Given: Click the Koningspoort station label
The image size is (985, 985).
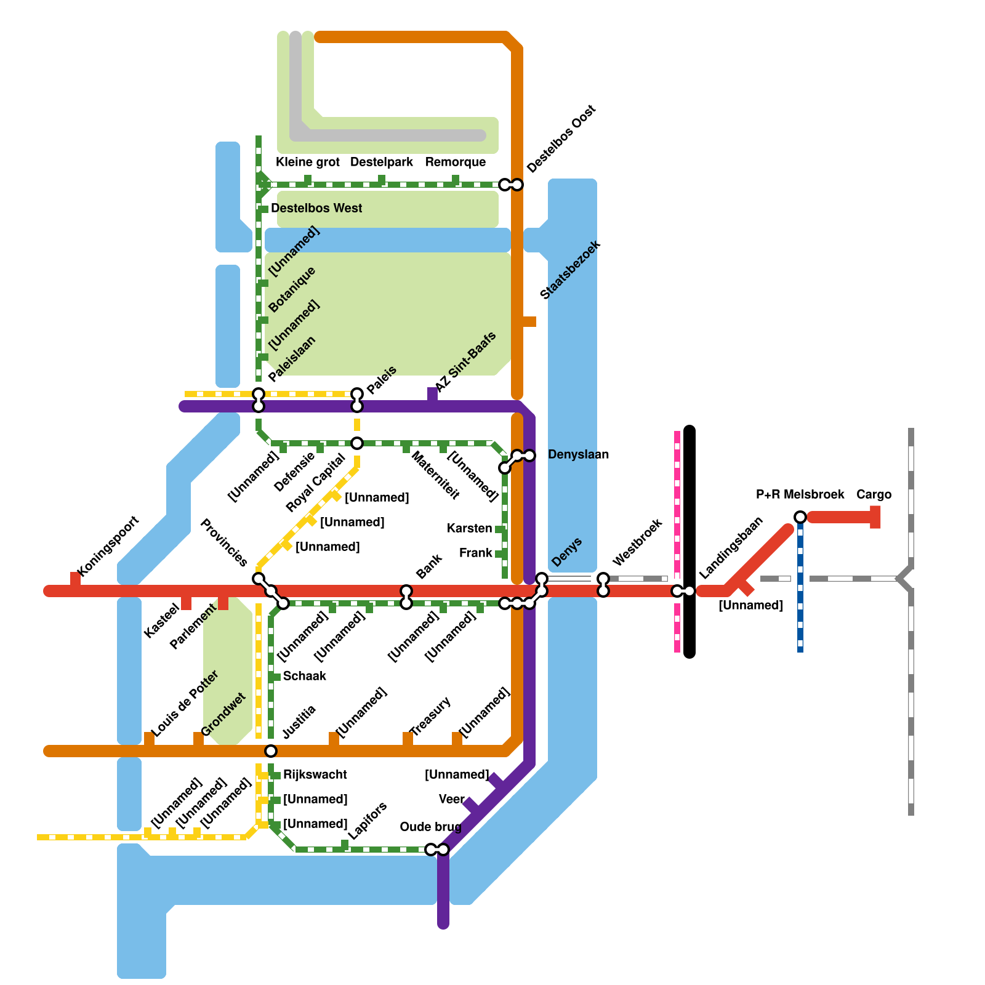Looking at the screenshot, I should click(109, 546).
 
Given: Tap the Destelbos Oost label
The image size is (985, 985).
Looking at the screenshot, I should click(561, 139).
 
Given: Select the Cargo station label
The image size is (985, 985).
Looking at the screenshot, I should click(874, 494).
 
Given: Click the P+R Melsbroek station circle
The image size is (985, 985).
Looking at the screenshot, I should click(800, 517).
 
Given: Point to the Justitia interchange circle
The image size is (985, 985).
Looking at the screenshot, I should click(271, 751).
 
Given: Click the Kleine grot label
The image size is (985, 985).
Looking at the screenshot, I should click(307, 162).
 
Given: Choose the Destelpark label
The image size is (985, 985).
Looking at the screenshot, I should click(382, 162).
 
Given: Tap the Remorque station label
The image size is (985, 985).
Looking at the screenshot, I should click(456, 162).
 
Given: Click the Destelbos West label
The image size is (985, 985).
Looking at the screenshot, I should click(316, 208).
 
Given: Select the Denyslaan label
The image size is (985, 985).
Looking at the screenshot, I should click(578, 454).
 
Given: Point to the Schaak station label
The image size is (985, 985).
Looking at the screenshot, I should click(304, 676).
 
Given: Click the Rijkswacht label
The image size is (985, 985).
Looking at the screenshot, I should click(315, 774).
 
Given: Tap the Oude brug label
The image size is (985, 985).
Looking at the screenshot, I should click(430, 827).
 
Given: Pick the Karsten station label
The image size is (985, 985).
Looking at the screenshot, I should click(469, 528).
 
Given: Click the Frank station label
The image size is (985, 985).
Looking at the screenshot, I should click(475, 553).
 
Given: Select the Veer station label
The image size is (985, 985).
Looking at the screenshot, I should click(451, 799).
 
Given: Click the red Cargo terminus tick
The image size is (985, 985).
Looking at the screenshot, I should click(875, 517).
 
